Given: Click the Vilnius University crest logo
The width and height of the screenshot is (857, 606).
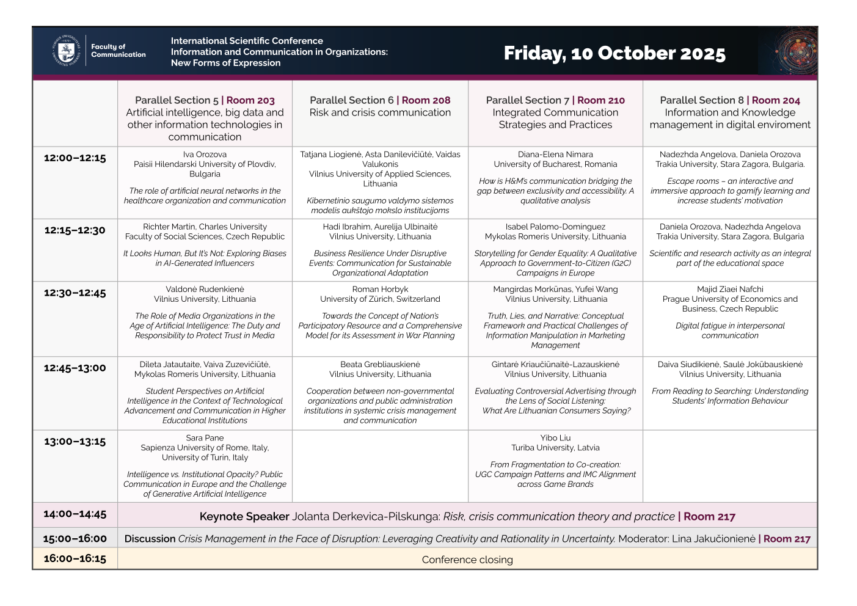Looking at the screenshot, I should coord(66,51).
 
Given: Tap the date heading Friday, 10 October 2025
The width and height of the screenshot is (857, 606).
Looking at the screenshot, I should coord(614,53).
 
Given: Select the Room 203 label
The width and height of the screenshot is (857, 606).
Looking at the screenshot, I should coord(250,100).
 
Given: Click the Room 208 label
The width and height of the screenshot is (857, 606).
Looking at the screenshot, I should coord(426,100).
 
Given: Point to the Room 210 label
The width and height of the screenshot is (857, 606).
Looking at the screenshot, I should coord(601,100).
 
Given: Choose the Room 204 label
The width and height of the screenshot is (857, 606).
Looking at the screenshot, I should coord(776,100).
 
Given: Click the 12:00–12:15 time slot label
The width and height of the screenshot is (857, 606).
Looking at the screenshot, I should coord(75,158).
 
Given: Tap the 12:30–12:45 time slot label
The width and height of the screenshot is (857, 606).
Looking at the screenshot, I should coord(75,293).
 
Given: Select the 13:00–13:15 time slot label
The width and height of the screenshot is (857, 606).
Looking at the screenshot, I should coord(75,442).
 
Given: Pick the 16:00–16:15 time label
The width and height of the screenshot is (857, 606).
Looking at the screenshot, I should coord(75,558).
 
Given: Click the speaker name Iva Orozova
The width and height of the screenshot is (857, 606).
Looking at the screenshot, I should coord(205,155).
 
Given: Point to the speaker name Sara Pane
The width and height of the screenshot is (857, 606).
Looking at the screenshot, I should coord(205,438).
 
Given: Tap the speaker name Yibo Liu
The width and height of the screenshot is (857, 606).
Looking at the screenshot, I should coord(555,438).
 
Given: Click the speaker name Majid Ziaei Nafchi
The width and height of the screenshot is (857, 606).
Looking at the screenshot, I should coord(730,290).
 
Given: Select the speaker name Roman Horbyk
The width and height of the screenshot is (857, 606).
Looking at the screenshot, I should coord(380,290).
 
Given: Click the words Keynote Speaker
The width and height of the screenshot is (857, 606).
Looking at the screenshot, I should coord(244,517).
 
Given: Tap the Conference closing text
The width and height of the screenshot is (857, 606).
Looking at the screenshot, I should coord(467,560).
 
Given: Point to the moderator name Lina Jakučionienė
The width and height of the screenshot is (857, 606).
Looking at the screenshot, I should coord(713,539).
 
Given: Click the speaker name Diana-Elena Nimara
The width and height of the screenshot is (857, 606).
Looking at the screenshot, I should coord(555,155).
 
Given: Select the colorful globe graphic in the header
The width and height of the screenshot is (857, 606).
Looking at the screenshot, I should coord(795,52).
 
